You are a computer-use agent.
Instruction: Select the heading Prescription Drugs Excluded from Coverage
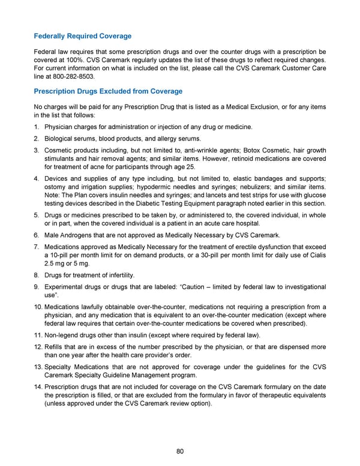[109, 91]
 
